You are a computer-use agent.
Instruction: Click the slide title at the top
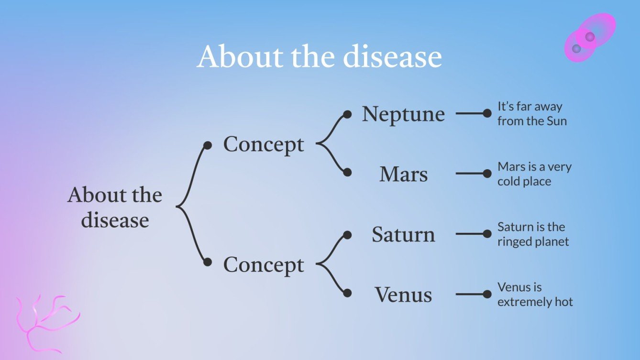click(319, 56)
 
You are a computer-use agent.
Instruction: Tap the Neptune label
click(403, 114)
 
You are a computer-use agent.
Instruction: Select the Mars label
click(403, 174)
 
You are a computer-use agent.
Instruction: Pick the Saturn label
click(403, 234)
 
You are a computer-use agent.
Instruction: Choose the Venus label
click(403, 295)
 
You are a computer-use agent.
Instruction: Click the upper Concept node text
click(264, 144)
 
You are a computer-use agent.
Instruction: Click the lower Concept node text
click(264, 264)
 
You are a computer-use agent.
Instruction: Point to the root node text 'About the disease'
click(115, 207)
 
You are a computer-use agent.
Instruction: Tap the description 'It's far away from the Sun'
click(531, 114)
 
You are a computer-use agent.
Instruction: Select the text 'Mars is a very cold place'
click(534, 174)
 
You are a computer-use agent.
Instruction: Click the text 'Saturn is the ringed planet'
click(533, 234)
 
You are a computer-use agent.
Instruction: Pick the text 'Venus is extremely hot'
click(535, 295)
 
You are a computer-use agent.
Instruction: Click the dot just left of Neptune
click(348, 114)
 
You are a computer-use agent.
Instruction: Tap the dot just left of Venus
click(348, 293)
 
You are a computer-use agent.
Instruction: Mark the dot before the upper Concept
click(207, 145)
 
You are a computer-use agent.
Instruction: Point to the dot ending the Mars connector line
click(487, 174)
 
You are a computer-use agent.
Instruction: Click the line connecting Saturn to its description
click(470, 234)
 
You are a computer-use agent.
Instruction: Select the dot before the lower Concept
click(207, 262)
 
